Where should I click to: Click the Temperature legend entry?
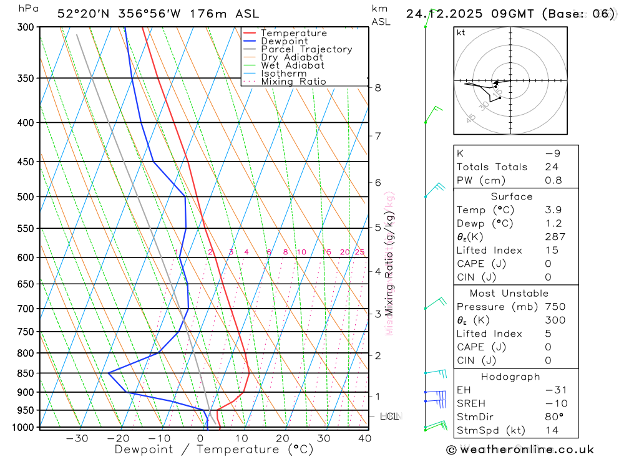point(293,33)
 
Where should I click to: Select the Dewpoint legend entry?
point(284,41)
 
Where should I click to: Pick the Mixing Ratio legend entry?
point(293,82)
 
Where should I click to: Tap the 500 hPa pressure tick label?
point(25,197)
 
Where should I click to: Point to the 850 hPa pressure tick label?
point(25,373)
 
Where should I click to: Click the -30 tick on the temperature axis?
point(77,438)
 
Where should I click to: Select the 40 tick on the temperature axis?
point(365,438)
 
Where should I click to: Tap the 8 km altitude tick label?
point(378,88)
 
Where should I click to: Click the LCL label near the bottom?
point(389,416)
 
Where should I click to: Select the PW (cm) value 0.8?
point(553,180)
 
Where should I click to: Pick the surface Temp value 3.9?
point(553,210)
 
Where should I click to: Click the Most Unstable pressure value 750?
point(555,307)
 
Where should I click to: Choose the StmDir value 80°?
point(554,416)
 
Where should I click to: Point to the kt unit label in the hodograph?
point(461,32)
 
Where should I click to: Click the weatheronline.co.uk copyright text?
point(520,450)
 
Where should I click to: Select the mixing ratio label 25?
point(359,252)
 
